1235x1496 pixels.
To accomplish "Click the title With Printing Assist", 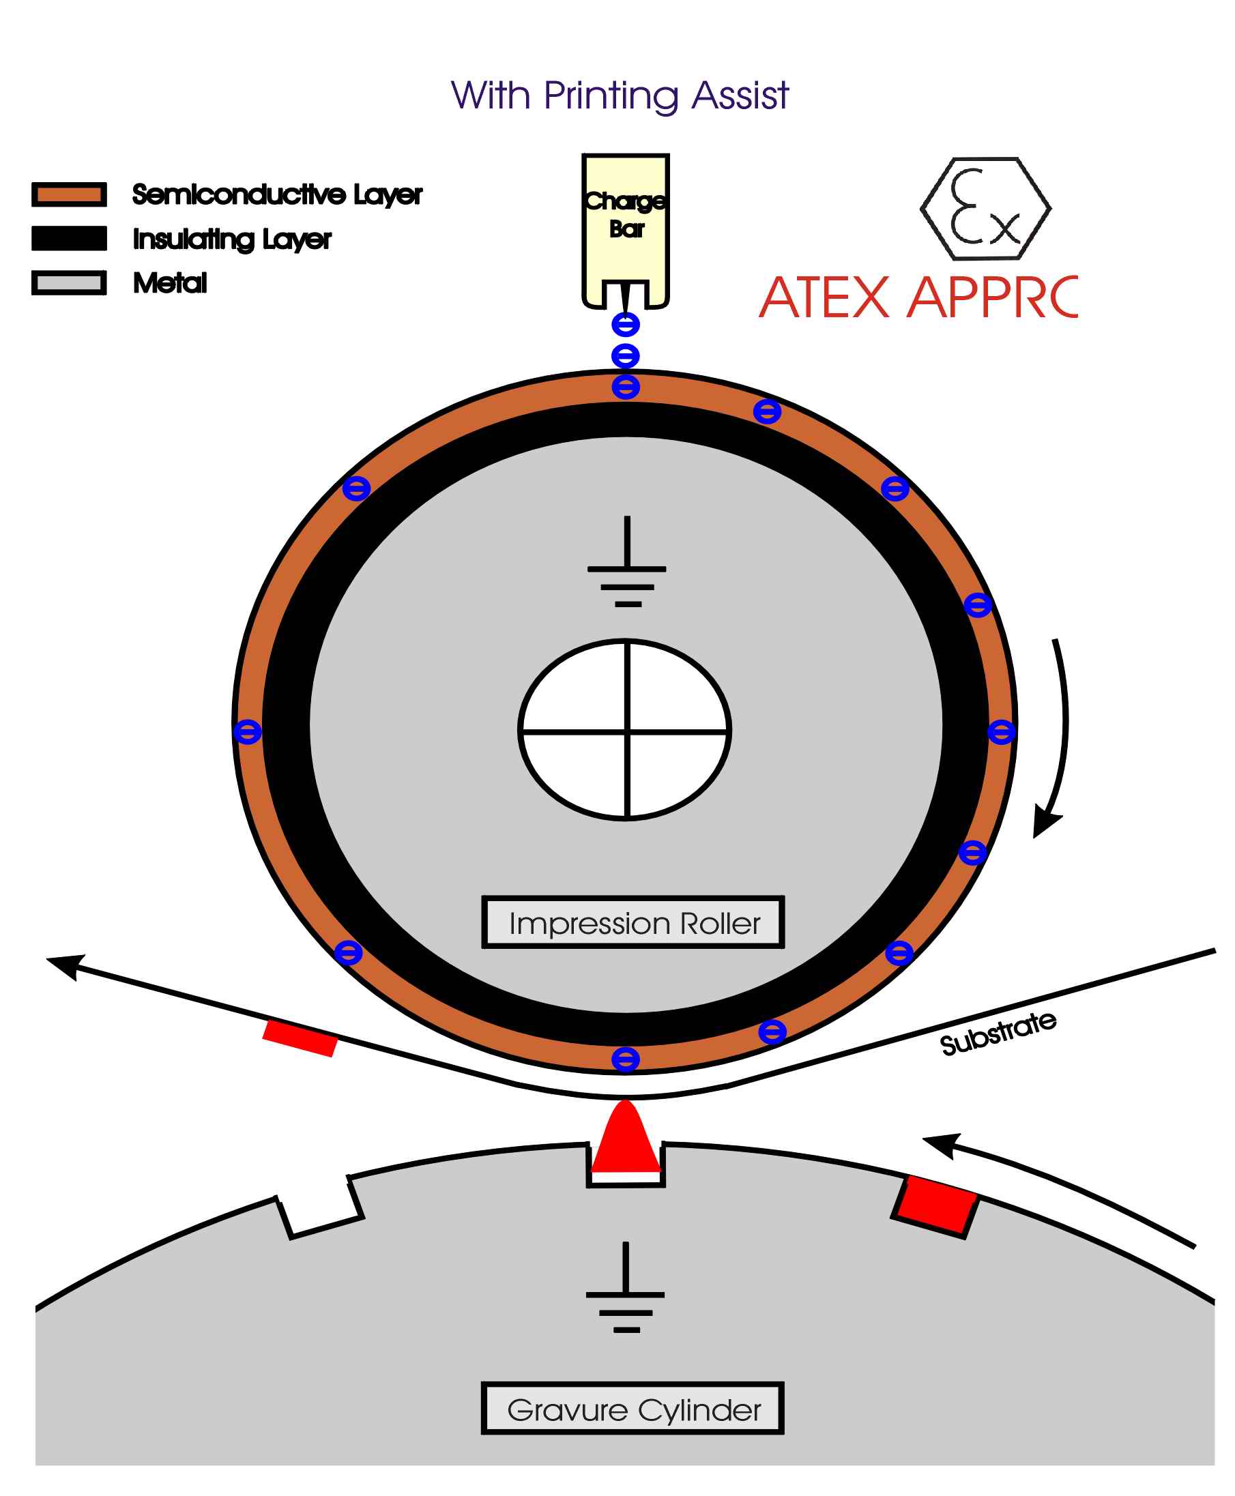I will pos(619,96).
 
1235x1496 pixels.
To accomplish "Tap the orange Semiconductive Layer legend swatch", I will pos(69,194).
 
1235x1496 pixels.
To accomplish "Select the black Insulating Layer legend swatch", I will pos(69,238).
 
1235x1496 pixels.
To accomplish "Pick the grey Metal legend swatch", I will pos(69,282).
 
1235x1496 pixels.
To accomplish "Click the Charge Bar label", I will pos(625,214).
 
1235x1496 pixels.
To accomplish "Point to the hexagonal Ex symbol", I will pos(985,209).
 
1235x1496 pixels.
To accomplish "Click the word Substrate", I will pos(998,1033).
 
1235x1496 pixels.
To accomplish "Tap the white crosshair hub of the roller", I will pos(624,730).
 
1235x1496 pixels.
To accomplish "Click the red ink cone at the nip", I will pos(625,1138).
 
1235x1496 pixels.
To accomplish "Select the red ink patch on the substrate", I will pos(300,1038).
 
